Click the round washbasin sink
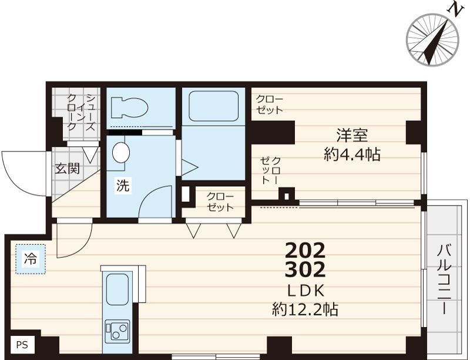pyautogui.click(x=120, y=152)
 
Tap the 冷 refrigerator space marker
pyautogui.click(x=29, y=258)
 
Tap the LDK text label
pyautogui.click(x=305, y=291)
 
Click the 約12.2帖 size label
pyautogui.click(x=305, y=309)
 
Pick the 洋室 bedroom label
pyautogui.click(x=352, y=136)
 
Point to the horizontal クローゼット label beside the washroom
pyautogui.click(x=220, y=201)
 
